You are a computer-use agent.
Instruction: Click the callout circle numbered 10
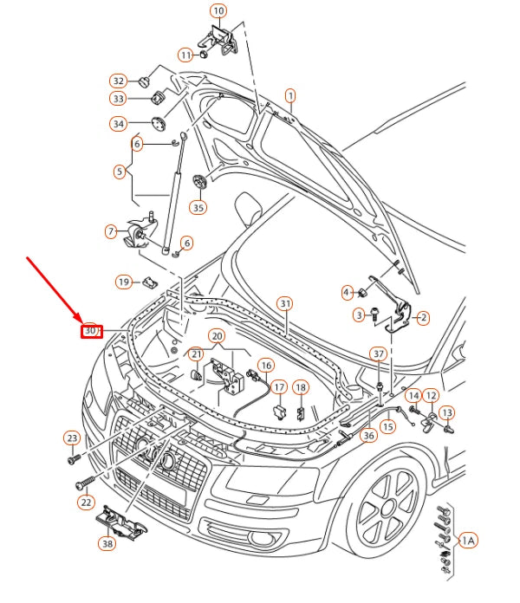click(218, 11)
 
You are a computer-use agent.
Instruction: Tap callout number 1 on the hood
click(290, 95)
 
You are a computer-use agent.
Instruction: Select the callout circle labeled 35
click(198, 207)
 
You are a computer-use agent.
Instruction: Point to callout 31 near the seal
click(285, 303)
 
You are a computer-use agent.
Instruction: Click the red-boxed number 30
click(90, 330)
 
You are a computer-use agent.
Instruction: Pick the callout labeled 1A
click(468, 541)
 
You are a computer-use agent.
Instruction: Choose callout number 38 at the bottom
click(107, 545)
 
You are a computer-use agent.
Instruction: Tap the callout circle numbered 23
click(72, 438)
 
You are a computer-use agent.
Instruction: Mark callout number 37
click(378, 354)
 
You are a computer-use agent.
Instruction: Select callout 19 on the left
click(124, 282)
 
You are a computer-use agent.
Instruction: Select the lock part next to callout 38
click(121, 520)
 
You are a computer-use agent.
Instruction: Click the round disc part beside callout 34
click(159, 123)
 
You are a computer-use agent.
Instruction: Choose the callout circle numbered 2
click(423, 318)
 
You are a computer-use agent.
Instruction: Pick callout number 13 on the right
click(446, 412)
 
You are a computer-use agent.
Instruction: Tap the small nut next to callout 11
click(203, 54)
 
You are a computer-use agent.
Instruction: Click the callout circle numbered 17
click(279, 387)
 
